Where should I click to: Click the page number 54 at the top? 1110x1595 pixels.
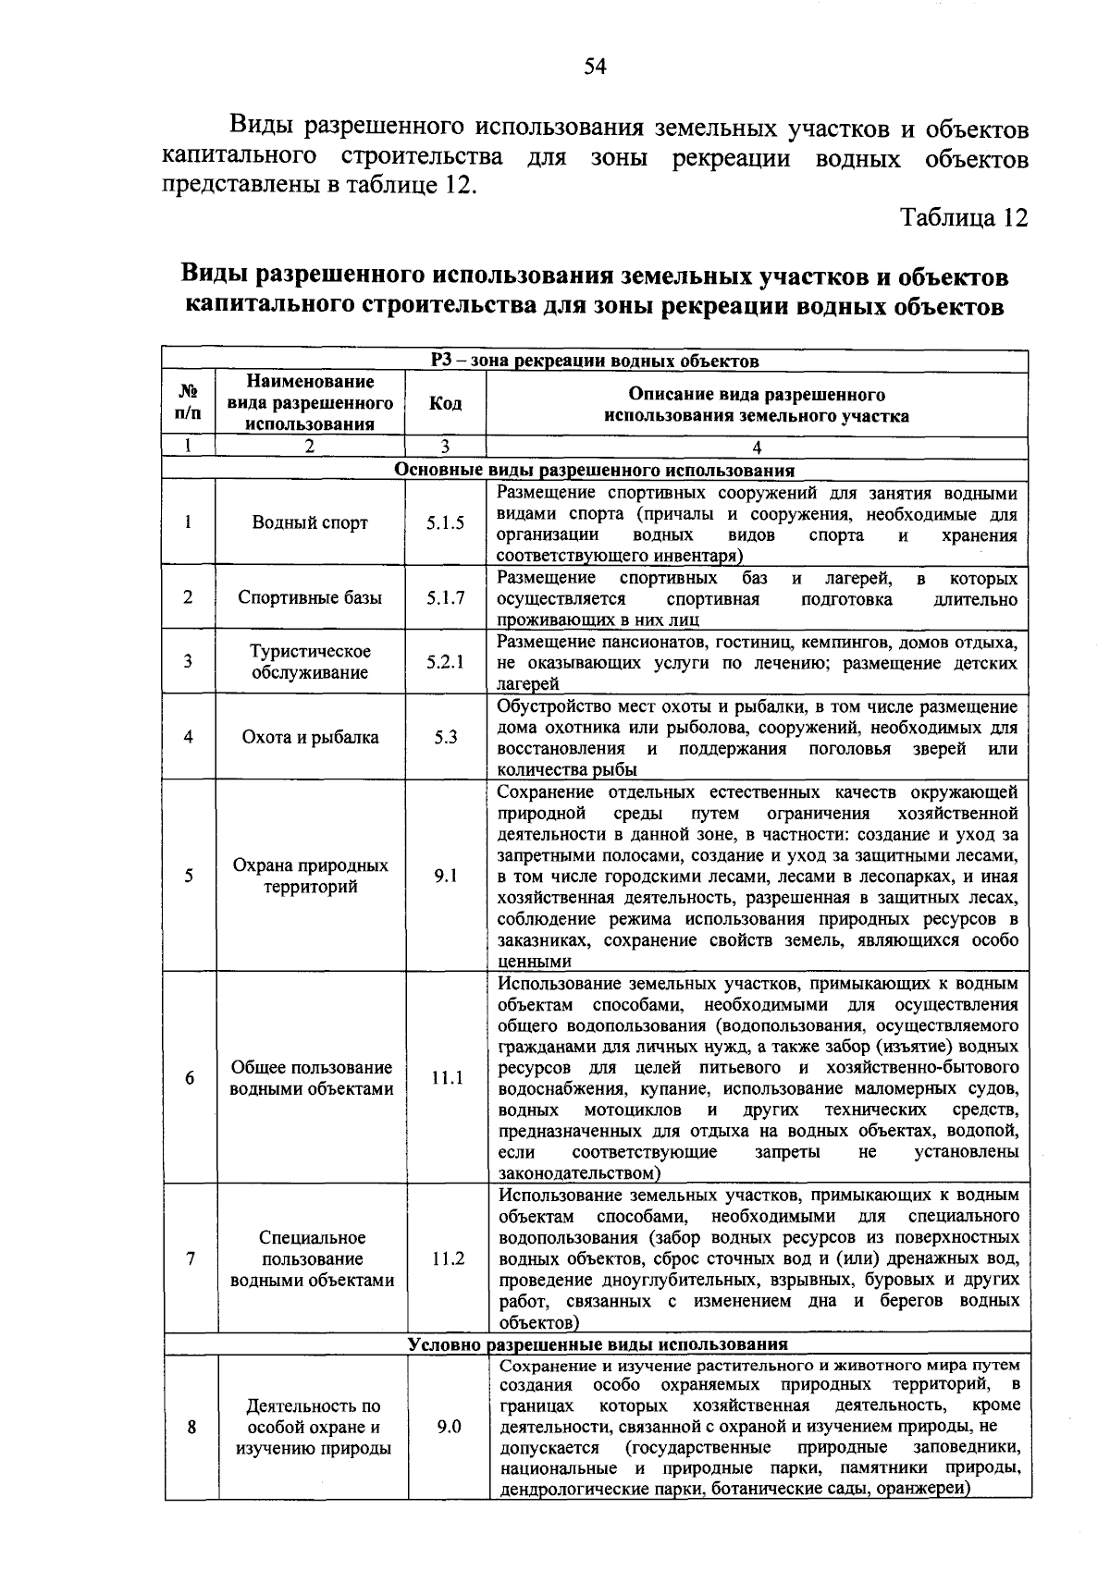pyautogui.click(x=595, y=66)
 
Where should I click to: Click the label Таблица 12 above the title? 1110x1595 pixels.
pyautogui.click(x=965, y=218)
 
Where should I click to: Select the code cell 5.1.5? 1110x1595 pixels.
pyautogui.click(x=445, y=522)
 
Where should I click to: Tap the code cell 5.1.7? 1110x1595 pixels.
pyautogui.click(x=445, y=597)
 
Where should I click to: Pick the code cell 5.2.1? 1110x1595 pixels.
pyautogui.click(x=445, y=662)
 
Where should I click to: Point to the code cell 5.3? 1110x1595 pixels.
pyautogui.click(x=445, y=738)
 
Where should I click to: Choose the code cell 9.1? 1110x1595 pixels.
pyautogui.click(x=445, y=876)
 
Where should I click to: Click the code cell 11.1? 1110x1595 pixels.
pyautogui.click(x=446, y=1078)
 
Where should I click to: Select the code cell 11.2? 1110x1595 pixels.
pyautogui.click(x=447, y=1258)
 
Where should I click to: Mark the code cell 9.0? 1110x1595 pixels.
pyautogui.click(x=449, y=1427)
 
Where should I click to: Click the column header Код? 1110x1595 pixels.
pyautogui.click(x=445, y=404)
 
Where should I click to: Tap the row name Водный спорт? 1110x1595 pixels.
pyautogui.click(x=310, y=522)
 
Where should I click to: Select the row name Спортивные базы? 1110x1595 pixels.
pyautogui.click(x=310, y=597)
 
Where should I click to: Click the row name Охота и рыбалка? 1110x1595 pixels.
pyautogui.click(x=310, y=738)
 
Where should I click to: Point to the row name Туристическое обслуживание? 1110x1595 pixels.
pyautogui.click(x=310, y=662)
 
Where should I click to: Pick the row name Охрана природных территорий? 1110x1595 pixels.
pyautogui.click(x=310, y=877)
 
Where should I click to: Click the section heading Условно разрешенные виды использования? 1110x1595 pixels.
pyautogui.click(x=598, y=1344)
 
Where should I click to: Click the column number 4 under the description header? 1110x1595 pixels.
pyautogui.click(x=757, y=448)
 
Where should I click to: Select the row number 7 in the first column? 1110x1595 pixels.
pyautogui.click(x=191, y=1258)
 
